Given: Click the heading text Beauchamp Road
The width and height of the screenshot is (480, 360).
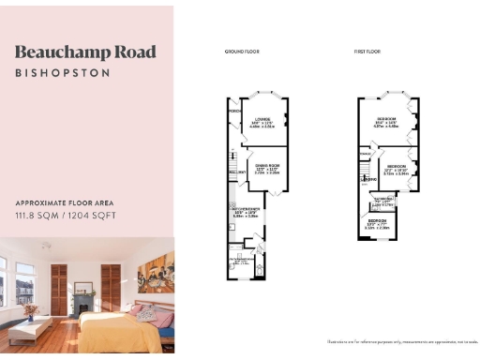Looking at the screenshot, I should click(85, 52).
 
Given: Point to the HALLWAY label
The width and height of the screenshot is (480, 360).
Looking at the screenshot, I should click(235, 172).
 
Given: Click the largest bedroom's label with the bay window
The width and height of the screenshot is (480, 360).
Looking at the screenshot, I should click(386, 120).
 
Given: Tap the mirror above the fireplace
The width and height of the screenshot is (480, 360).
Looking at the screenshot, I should click(83, 276).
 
